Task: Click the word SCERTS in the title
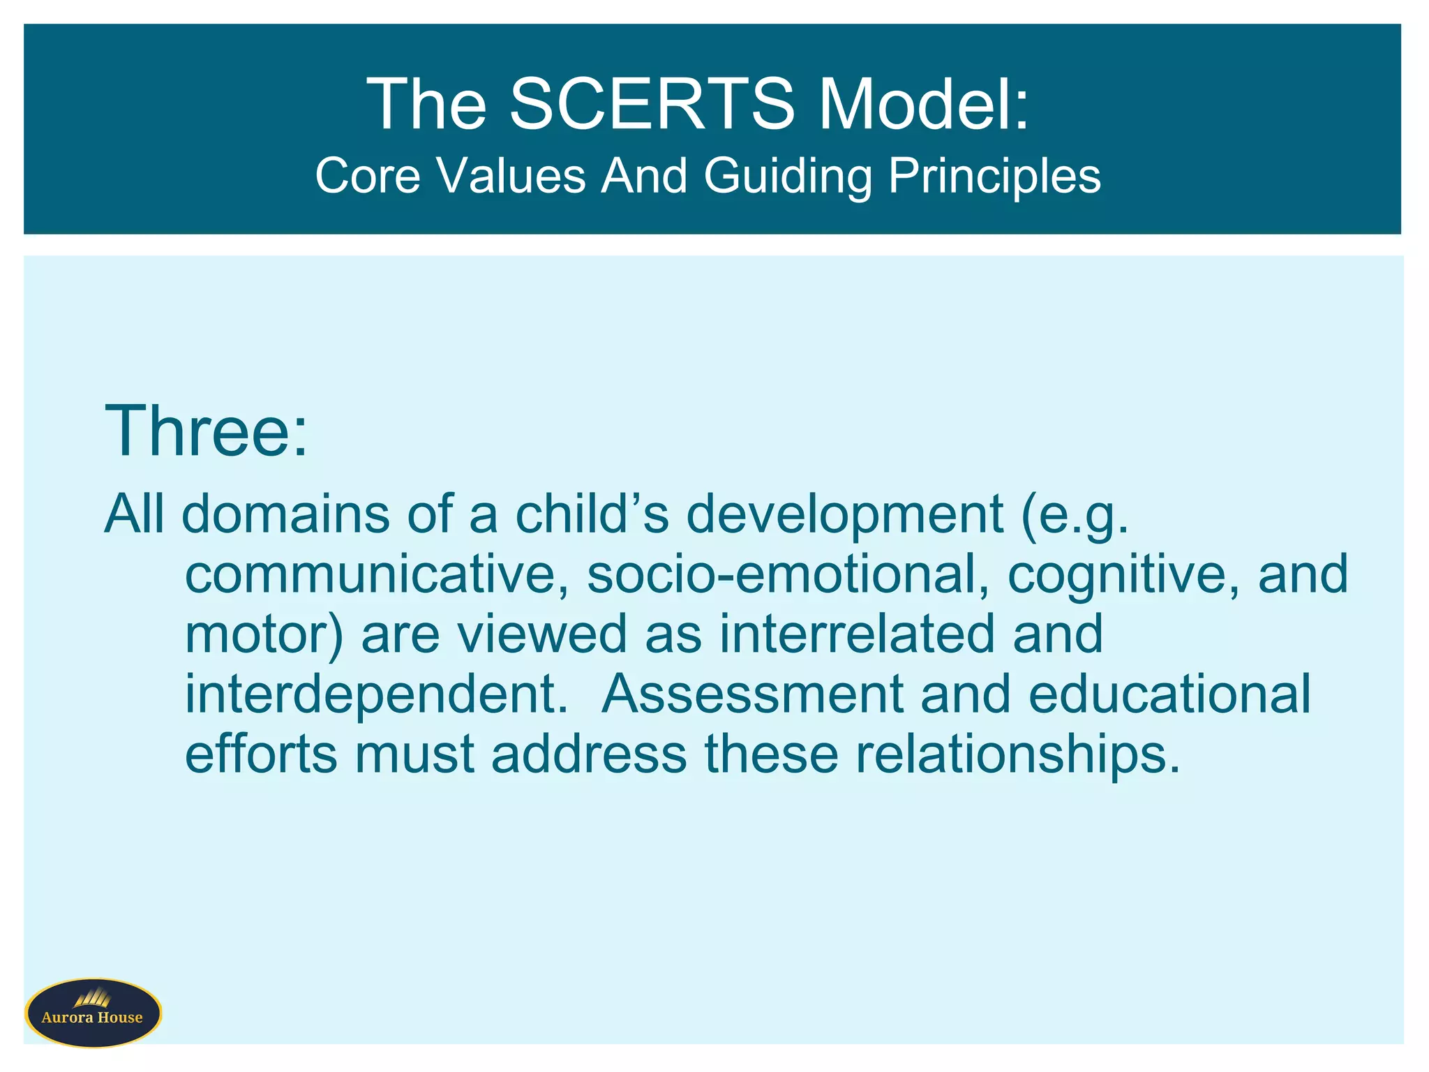(x=652, y=105)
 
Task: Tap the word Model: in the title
(x=924, y=105)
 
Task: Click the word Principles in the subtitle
(x=994, y=175)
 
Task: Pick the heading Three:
(x=206, y=431)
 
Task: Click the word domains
(x=286, y=514)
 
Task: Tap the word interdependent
(x=376, y=695)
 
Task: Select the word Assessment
(x=752, y=694)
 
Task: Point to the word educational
(x=1169, y=694)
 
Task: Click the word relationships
(x=1018, y=755)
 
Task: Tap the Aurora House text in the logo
(x=92, y=1018)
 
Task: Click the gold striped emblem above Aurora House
(x=92, y=998)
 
